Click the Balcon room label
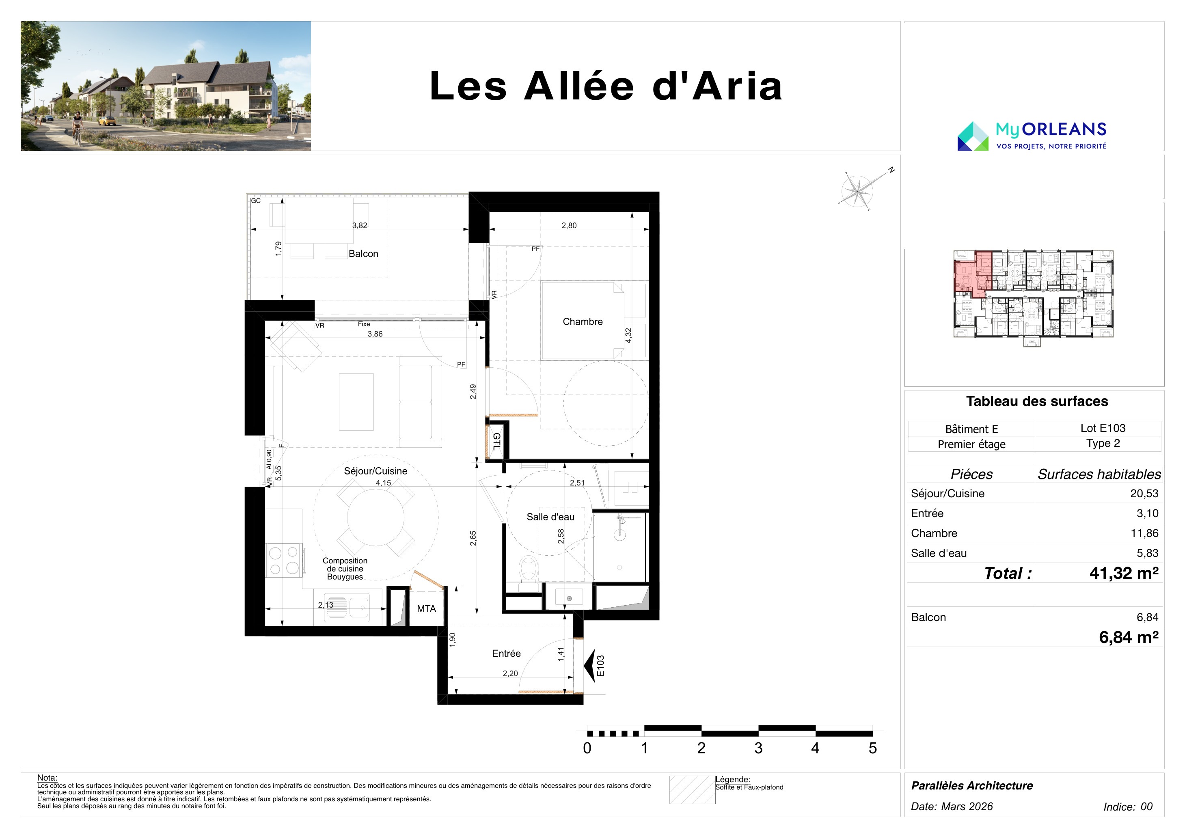coord(363,254)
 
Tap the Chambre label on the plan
coord(583,321)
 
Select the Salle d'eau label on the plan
coord(550,517)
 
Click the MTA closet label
coord(427,609)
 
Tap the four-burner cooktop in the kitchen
coord(284,561)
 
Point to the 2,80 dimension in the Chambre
coord(569,225)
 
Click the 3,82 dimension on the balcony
coord(359,225)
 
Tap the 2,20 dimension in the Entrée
coord(510,673)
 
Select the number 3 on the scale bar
coord(758,748)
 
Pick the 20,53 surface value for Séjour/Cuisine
coord(1144,494)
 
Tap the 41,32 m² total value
coord(1124,573)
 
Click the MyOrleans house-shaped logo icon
coord(973,136)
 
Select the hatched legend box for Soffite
coord(692,790)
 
